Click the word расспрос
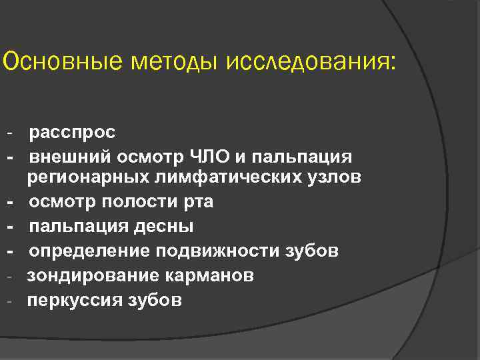click(x=72, y=132)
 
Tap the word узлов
click(x=333, y=178)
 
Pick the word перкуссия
click(x=69, y=300)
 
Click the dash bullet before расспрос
click(x=11, y=132)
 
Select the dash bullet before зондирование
click(x=11, y=276)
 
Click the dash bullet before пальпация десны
click(x=11, y=227)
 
